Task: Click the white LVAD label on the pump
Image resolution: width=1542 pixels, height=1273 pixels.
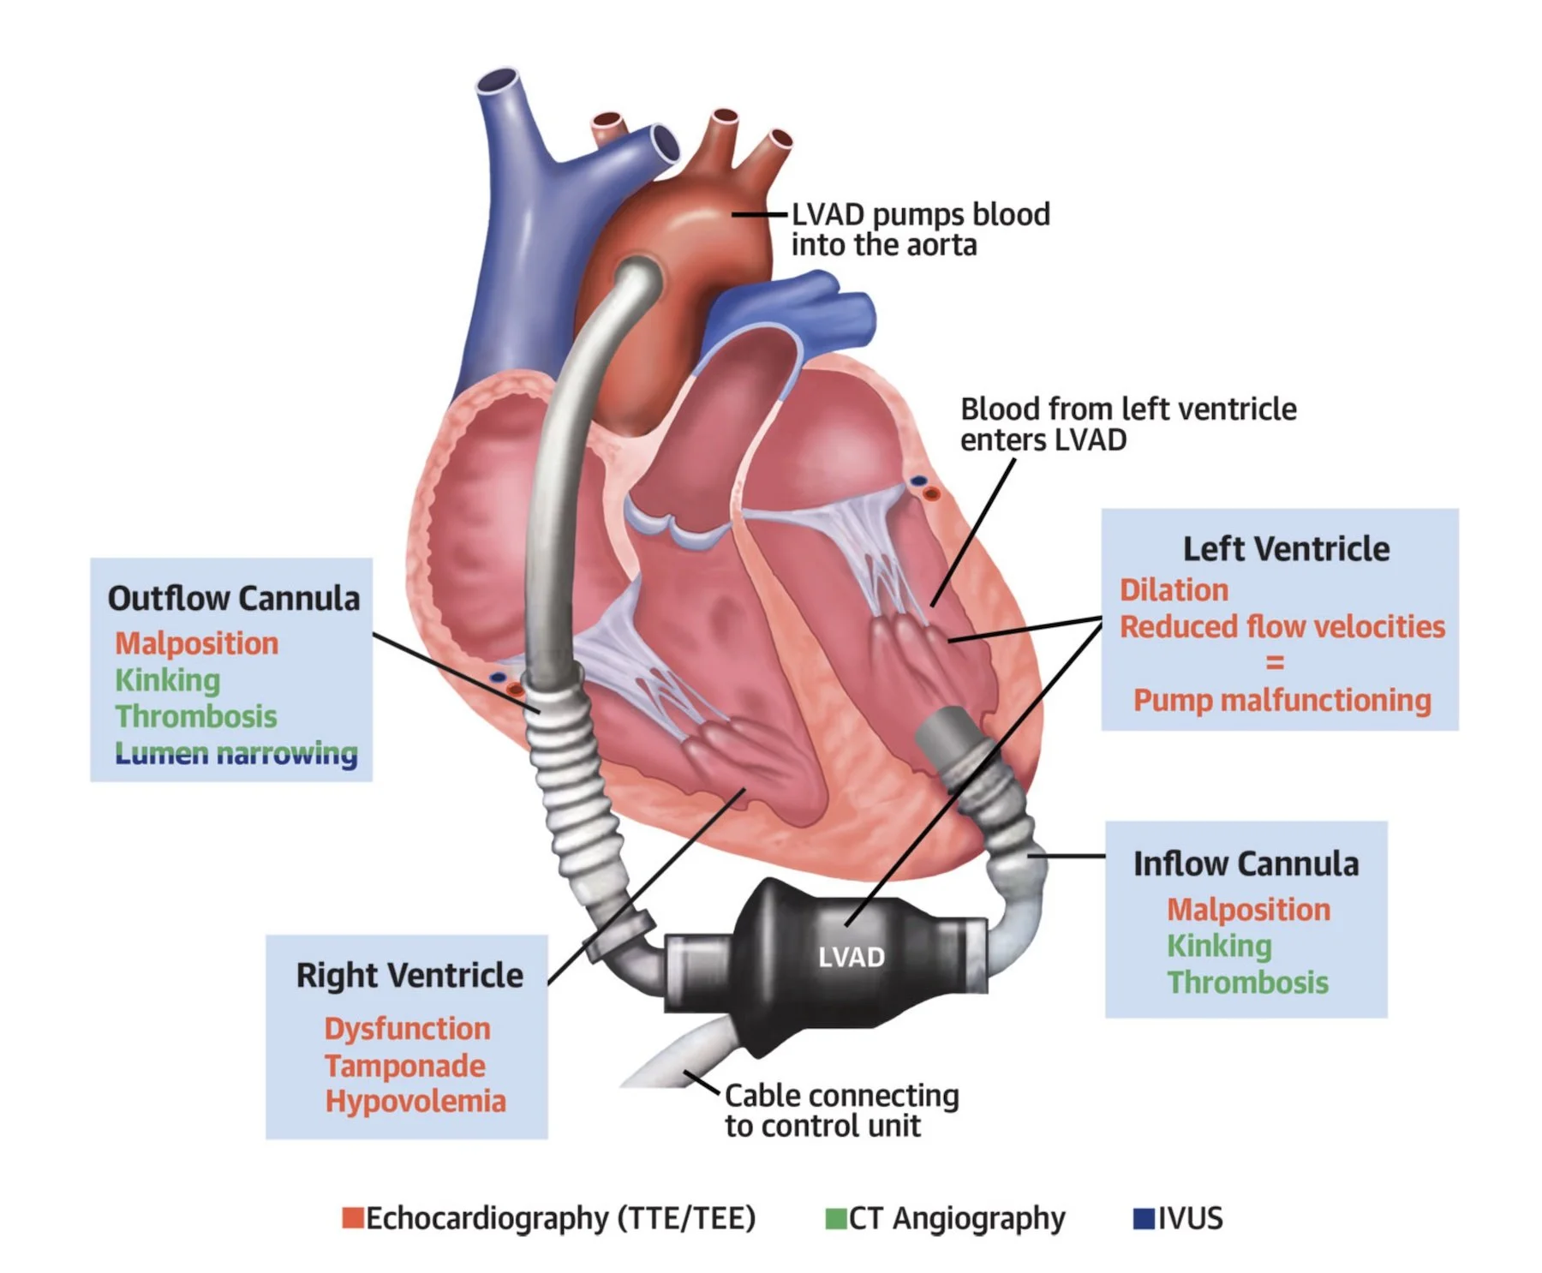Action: [x=851, y=957]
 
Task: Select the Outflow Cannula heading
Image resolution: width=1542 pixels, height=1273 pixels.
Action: [x=234, y=599]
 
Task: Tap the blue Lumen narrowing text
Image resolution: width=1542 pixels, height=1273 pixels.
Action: [x=236, y=753]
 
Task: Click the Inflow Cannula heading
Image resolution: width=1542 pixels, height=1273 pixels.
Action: [x=1246, y=864]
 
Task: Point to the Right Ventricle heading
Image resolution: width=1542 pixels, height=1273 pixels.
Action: [x=409, y=976]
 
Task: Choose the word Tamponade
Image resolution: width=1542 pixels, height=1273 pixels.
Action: [x=404, y=1066]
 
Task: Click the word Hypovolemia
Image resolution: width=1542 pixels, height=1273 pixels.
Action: [x=415, y=1102]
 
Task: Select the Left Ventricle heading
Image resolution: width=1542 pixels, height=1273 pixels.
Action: [x=1286, y=549]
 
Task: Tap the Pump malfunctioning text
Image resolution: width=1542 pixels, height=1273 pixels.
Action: [x=1282, y=701]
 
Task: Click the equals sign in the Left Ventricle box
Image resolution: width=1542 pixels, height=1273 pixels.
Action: [x=1275, y=663]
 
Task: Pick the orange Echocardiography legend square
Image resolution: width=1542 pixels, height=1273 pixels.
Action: [x=352, y=1218]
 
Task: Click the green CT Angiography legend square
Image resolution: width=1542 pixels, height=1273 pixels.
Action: [x=835, y=1218]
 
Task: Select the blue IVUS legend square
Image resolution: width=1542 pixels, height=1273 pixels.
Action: [x=1144, y=1218]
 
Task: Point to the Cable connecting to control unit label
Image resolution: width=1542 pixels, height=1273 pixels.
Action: [x=841, y=1110]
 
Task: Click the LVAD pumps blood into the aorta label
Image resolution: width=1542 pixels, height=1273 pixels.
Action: [x=920, y=230]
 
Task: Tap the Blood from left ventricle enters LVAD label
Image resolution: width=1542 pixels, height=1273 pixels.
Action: [x=1127, y=424]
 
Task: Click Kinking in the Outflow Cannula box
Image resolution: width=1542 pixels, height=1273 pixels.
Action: [x=168, y=680]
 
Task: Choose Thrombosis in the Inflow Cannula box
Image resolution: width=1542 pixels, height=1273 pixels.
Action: [x=1247, y=983]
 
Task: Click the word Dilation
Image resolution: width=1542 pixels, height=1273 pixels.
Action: [x=1174, y=590]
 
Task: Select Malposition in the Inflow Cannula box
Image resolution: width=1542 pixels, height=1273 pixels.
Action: [x=1248, y=910]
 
